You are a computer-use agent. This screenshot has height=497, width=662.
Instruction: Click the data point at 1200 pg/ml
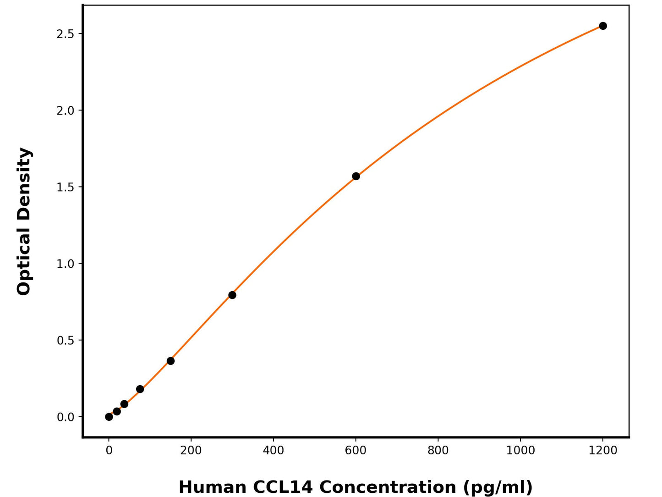click(603, 26)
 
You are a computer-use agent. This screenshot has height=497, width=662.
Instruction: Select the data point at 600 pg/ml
click(356, 176)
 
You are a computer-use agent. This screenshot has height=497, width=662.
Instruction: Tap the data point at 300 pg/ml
click(232, 295)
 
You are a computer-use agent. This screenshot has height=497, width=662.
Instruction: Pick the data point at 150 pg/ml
click(170, 361)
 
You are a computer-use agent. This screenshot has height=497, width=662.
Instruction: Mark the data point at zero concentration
click(109, 417)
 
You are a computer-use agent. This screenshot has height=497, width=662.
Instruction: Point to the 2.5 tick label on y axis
click(66, 34)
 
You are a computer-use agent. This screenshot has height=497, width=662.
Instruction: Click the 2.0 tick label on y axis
click(66, 110)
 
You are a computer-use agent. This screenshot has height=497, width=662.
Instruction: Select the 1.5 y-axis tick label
click(66, 187)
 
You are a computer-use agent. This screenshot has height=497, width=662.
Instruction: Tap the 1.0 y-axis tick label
click(66, 264)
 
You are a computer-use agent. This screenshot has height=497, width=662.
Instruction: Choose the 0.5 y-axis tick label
click(66, 340)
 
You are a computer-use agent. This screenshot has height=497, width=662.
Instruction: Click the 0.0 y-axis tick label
click(66, 417)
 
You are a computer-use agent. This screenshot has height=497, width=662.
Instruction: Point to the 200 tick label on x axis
click(191, 451)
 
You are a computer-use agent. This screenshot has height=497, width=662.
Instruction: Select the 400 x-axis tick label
click(274, 451)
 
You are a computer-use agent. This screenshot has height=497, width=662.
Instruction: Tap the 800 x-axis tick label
click(438, 451)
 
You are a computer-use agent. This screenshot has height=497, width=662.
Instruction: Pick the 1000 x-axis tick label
click(520, 451)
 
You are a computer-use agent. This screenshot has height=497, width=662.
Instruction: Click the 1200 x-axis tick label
click(603, 451)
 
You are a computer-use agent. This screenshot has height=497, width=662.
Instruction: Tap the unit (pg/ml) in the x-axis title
click(498, 487)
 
